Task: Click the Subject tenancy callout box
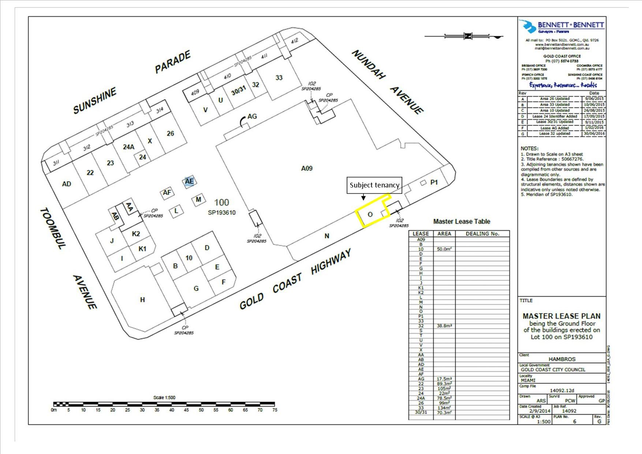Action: click(374, 185)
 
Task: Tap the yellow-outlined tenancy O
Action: click(370, 215)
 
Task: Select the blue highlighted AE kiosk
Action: click(189, 181)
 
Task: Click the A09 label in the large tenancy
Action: click(307, 168)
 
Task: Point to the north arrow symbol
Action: click(468, 36)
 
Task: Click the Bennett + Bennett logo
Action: click(562, 27)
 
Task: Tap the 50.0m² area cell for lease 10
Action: click(444, 249)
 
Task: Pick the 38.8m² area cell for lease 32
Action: click(444, 325)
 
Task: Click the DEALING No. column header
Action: click(482, 234)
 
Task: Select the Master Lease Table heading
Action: click(461, 222)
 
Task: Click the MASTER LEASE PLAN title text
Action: click(561, 316)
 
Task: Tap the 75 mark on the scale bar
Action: click(275, 410)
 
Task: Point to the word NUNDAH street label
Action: click(369, 65)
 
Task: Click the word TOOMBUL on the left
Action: click(52, 228)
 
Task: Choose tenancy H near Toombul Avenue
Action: click(142, 300)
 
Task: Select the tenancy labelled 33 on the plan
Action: click(279, 78)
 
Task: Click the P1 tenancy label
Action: click(434, 182)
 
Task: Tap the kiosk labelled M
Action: click(198, 200)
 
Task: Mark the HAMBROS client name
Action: click(562, 359)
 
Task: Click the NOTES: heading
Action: click(529, 149)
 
